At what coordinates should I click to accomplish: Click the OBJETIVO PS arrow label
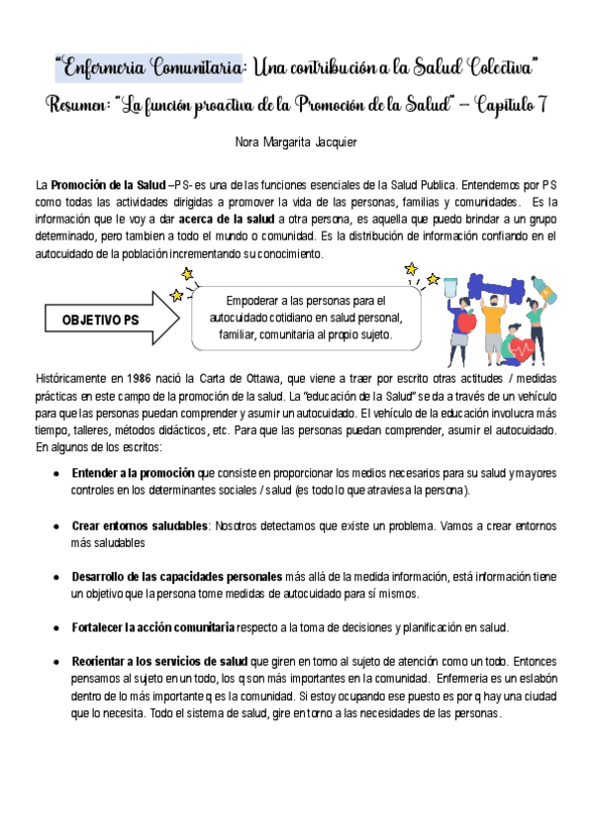(x=100, y=321)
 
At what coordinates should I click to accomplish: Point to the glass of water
(x=450, y=286)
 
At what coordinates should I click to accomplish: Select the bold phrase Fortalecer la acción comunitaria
(x=153, y=626)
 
